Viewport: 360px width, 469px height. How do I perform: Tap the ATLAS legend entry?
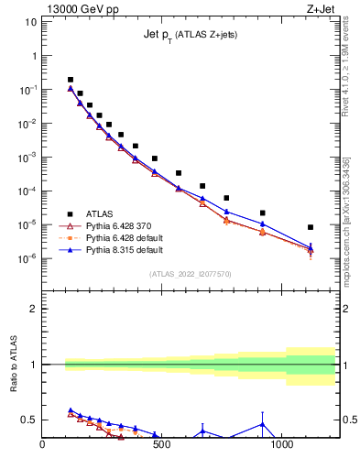tap(99, 213)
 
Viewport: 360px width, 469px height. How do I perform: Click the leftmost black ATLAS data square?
tap(71, 80)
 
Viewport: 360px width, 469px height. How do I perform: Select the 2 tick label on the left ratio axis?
tap(32, 309)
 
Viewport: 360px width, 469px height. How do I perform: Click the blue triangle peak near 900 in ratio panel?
tap(262, 424)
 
